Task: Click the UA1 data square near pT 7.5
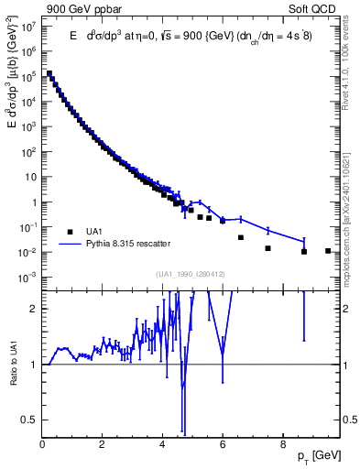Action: coord(267,248)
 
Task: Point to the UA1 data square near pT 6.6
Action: coord(241,237)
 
